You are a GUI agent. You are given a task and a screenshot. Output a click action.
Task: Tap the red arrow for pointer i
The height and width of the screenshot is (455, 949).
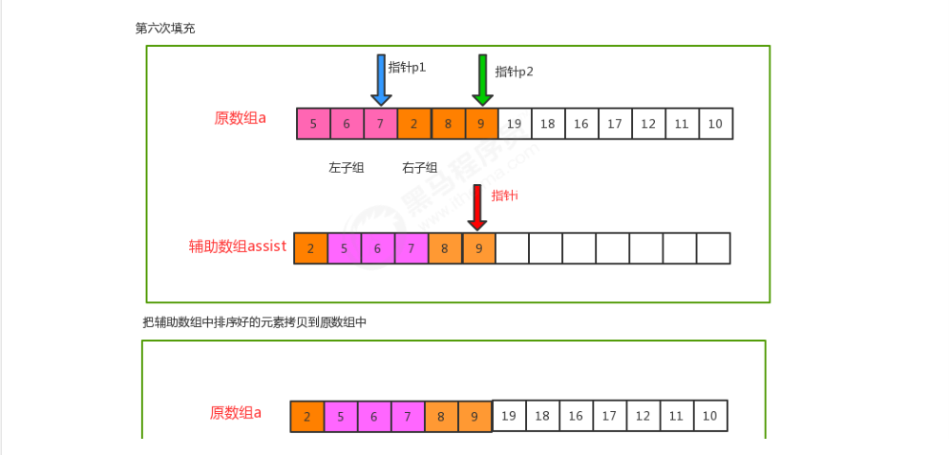coord(477,209)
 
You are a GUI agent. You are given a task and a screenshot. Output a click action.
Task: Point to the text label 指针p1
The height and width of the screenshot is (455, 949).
coord(407,68)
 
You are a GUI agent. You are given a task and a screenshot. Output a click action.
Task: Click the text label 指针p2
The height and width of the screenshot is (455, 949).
coord(514,72)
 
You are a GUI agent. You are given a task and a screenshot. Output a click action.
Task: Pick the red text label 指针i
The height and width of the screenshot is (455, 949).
coord(504,196)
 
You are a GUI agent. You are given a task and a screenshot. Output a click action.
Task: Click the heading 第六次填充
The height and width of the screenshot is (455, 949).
coord(165,29)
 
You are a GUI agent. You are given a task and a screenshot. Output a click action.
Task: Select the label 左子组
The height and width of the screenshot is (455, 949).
coord(347,168)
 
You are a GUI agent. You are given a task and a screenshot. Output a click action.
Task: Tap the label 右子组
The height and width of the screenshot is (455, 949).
coord(420,168)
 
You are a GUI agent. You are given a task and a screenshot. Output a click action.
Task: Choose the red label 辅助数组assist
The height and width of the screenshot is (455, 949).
coord(238,247)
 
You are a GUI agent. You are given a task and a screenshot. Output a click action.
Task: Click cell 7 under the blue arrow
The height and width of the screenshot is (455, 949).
coord(380,124)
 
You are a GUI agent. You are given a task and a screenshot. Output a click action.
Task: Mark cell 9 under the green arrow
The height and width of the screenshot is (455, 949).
coord(480,124)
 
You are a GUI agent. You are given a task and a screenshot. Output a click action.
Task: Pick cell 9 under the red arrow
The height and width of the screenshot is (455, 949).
coord(478,249)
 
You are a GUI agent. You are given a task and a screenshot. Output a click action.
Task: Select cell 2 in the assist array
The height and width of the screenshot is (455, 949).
coord(310,249)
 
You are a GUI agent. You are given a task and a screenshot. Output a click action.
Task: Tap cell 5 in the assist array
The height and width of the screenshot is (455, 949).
coord(344,249)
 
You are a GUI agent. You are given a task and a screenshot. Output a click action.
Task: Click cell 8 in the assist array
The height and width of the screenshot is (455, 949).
coord(445,249)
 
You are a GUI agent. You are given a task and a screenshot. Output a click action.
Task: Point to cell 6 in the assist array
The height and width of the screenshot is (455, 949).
coord(377,249)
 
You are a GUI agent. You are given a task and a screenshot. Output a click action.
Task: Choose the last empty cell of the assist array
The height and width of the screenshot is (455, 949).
coord(713,249)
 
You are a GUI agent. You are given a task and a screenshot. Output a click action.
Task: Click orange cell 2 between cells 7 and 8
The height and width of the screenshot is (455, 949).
coord(413,124)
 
